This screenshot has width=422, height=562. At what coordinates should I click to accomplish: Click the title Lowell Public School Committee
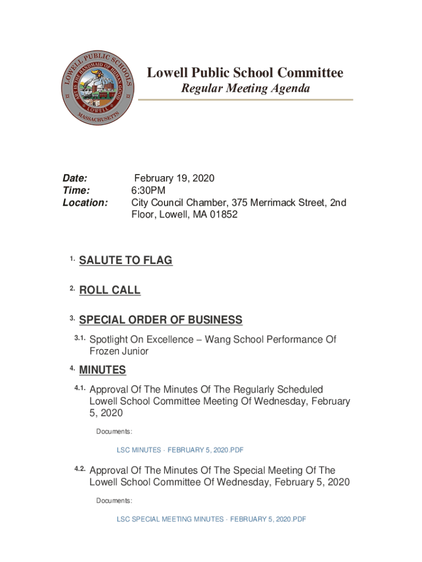(x=244, y=72)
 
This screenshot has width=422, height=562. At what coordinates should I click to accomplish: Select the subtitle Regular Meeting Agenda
(x=246, y=88)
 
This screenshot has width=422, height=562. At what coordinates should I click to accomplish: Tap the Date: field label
(x=75, y=178)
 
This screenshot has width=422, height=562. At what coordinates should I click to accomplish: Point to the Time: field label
(x=76, y=190)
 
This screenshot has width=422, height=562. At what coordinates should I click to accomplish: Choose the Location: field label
(x=85, y=203)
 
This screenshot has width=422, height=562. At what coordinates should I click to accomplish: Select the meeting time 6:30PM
(x=148, y=190)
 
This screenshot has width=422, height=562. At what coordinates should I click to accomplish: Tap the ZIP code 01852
(x=224, y=215)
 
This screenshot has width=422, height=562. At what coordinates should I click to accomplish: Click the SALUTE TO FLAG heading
(x=126, y=260)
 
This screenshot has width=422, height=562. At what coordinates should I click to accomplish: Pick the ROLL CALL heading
(x=110, y=290)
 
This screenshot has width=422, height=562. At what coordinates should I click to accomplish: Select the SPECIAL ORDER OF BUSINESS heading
(x=161, y=320)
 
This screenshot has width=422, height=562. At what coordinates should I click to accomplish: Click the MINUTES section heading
(x=102, y=370)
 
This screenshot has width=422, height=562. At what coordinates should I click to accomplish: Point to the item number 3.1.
(x=80, y=338)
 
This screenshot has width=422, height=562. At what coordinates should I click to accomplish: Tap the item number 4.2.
(x=80, y=468)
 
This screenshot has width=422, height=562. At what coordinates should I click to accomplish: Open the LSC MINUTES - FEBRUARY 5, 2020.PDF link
(x=180, y=450)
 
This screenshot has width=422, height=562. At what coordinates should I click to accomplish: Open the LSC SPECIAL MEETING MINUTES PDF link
(x=211, y=519)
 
